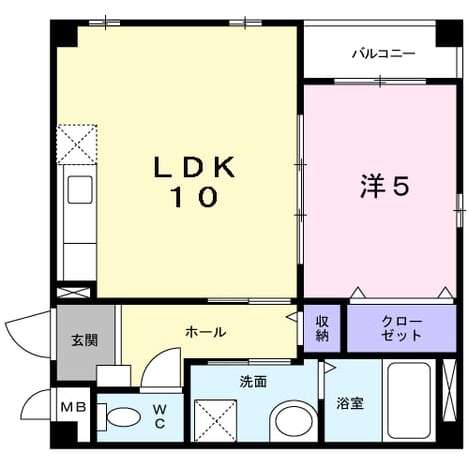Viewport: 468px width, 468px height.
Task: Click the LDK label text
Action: (195, 167)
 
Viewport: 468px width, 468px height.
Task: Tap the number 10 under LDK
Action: (195, 197)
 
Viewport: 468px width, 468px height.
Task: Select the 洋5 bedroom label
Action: (385, 186)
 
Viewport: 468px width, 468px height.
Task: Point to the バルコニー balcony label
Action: (384, 53)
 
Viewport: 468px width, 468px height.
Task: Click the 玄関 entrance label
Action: (85, 340)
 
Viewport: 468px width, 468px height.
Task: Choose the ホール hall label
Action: (206, 332)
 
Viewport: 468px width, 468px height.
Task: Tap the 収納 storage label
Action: (322, 328)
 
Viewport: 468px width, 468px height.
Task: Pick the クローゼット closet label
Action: (402, 328)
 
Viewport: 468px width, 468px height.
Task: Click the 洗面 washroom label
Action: (253, 382)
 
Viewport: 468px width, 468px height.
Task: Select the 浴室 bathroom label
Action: (350, 403)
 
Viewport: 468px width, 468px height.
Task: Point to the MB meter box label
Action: (74, 407)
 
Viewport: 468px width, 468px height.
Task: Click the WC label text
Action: (160, 415)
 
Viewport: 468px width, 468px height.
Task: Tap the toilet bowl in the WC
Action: (123, 417)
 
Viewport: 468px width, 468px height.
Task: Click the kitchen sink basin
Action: (80, 190)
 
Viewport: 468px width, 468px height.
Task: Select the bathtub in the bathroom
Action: (409, 400)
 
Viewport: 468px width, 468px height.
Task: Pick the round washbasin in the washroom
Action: (294, 423)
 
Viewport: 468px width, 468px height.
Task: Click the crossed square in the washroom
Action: (216, 421)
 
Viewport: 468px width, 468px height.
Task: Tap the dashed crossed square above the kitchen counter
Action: (77, 144)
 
